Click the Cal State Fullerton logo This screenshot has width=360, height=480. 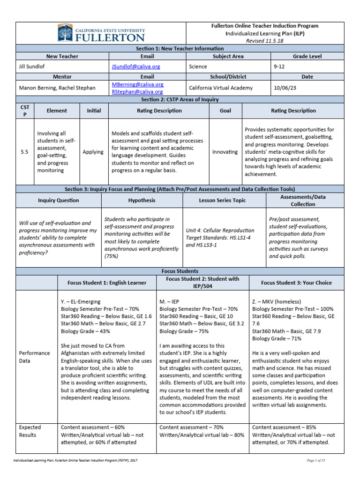coord(101,33)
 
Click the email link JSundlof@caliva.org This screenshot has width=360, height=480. coord(135,67)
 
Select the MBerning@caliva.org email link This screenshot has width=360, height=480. coord(137,84)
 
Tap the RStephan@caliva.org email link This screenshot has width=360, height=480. coord(137,91)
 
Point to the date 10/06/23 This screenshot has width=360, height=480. coord(285,88)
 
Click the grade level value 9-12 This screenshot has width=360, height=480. coord(279,67)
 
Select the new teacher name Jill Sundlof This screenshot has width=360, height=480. coord(34,67)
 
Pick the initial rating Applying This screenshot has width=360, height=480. coord(93,152)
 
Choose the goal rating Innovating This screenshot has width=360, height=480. coord(225,152)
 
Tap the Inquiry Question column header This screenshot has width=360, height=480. coord(58,200)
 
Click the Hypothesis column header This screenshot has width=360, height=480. coord(142,200)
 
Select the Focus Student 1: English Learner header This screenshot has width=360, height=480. coord(107,283)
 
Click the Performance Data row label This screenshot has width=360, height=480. coord(33,356)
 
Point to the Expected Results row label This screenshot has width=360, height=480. coord(30,431)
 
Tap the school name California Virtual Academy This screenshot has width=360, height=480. coord(220,88)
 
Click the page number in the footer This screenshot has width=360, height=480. coord(315,461)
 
